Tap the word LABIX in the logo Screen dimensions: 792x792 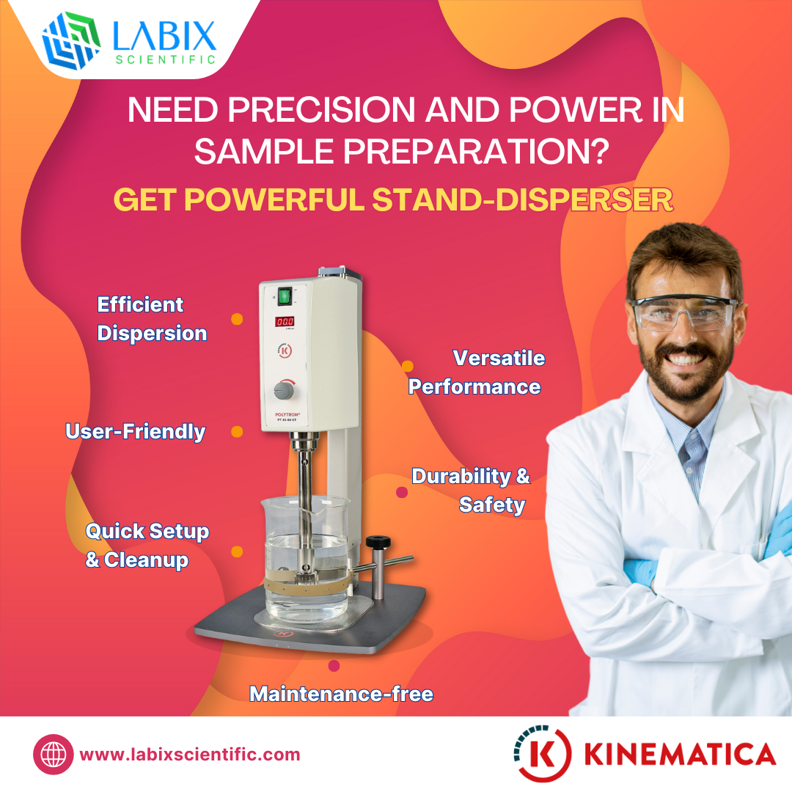[x=165, y=34]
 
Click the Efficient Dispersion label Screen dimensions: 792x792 [x=152, y=318]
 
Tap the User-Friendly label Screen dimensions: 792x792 [x=136, y=431]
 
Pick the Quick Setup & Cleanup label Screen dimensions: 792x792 [x=147, y=545]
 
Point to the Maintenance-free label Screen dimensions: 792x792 [x=341, y=693]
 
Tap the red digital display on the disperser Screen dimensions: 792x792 [x=285, y=321]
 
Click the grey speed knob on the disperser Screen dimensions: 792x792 [x=282, y=389]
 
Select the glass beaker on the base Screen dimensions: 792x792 [x=306, y=557]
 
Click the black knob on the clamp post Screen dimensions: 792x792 [x=378, y=542]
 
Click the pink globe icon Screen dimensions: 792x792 [x=54, y=755]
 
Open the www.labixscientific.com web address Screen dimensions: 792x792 [x=189, y=755]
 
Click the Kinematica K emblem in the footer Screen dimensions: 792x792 [x=543, y=753]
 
